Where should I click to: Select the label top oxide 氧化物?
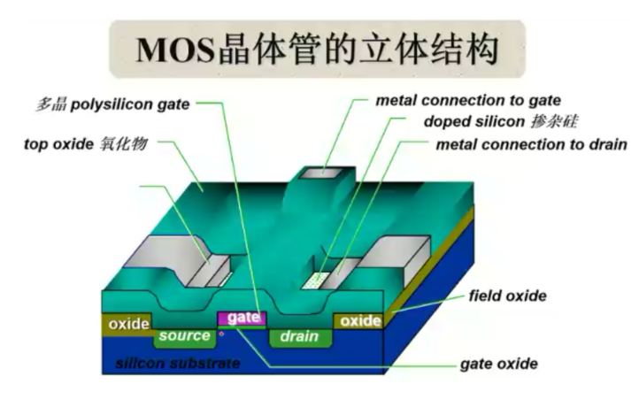tap(85, 143)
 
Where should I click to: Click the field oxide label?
tap(507, 296)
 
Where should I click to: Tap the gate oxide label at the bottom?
tap(499, 364)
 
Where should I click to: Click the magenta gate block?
tap(242, 318)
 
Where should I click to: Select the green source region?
tap(185, 336)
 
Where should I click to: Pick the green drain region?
tap(299, 336)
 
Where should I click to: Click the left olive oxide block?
tap(128, 325)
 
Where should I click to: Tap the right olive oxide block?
tap(360, 320)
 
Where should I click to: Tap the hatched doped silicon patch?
tap(314, 281)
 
